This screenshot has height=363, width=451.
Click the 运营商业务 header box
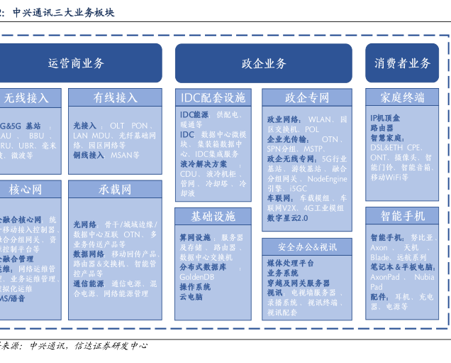click(x=77, y=63)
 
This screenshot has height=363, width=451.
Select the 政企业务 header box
click(x=264, y=63)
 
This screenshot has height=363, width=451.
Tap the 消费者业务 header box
click(x=402, y=63)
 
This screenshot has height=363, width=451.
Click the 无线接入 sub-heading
click(x=26, y=98)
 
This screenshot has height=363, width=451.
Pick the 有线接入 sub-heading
click(x=115, y=98)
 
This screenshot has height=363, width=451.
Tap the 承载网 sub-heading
click(x=115, y=190)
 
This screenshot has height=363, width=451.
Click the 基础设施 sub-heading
click(x=213, y=216)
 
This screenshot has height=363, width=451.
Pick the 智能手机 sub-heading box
click(x=402, y=216)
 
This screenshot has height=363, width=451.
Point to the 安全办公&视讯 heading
click(x=307, y=247)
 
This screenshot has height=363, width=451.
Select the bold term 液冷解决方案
click(x=203, y=164)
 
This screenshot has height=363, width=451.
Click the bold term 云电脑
click(x=191, y=297)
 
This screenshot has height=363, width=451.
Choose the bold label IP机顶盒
click(x=385, y=118)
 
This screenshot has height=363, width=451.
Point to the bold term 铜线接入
click(x=89, y=154)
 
